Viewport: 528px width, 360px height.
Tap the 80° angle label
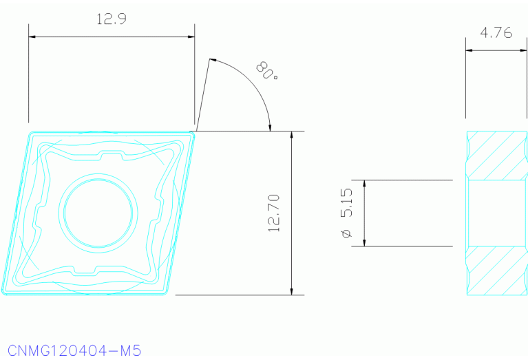[267, 71]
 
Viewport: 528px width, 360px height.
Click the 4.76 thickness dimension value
[496, 32]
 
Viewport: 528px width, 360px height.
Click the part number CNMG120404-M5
[74, 351]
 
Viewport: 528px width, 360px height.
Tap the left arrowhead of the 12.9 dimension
[32, 36]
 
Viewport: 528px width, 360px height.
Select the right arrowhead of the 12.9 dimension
[191, 36]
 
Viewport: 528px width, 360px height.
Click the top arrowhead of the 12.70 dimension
[293, 135]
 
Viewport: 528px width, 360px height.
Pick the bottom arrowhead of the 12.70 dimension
[293, 290]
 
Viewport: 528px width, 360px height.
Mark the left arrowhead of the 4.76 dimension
[469, 50]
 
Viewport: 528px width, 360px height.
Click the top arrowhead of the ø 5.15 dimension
[364, 184]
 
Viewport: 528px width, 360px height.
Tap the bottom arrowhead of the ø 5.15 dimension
[364, 242]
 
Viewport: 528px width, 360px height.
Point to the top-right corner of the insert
[194, 133]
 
